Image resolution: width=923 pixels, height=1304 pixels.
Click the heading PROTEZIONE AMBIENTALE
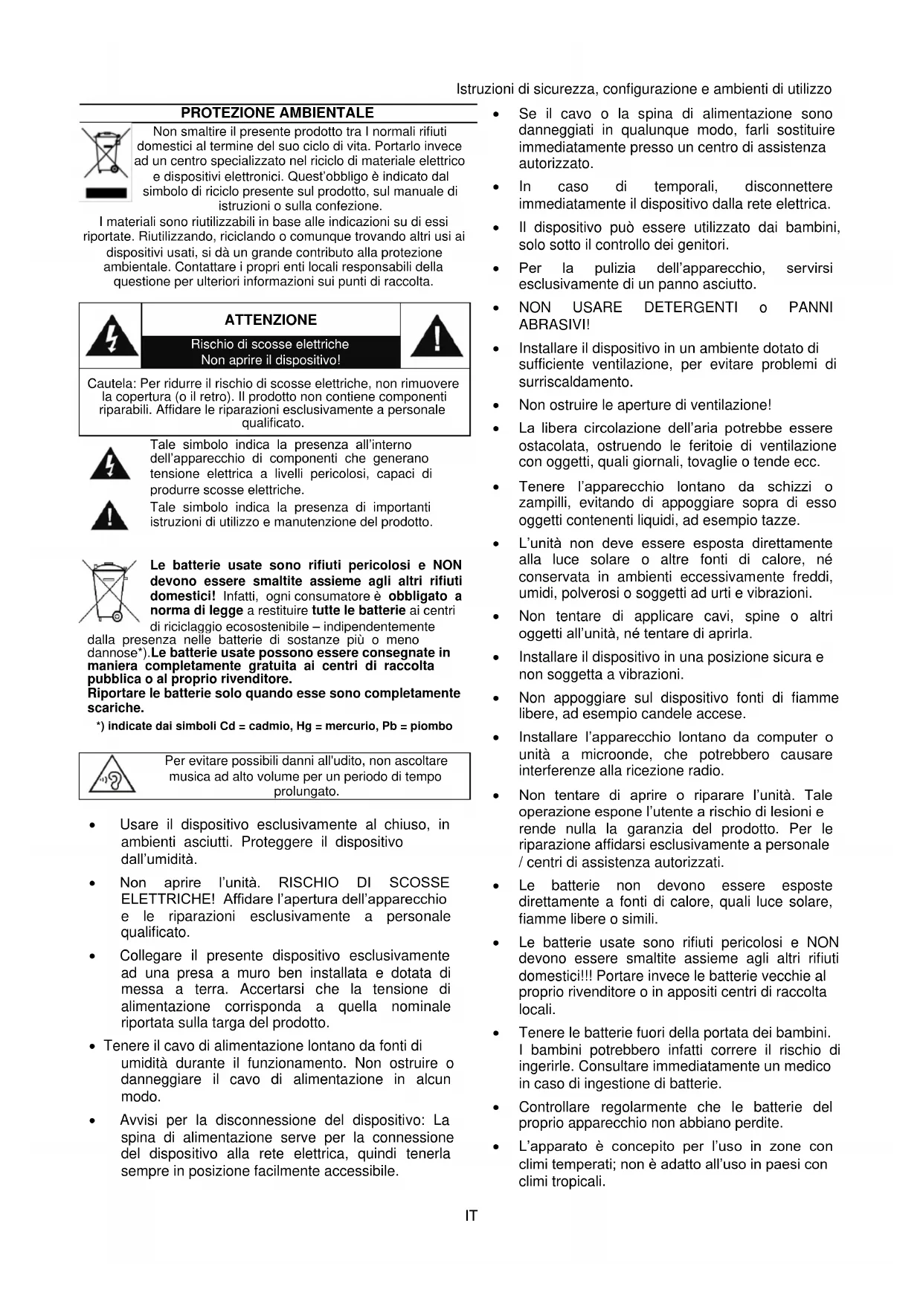point(277,113)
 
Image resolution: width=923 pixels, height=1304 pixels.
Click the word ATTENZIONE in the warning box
point(271,320)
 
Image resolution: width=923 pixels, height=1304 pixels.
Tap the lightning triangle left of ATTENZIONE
point(111,336)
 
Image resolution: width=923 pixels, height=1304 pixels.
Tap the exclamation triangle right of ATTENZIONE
point(437,336)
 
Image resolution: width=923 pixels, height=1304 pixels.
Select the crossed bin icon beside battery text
point(109,592)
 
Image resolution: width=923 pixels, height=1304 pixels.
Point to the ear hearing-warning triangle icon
point(112,777)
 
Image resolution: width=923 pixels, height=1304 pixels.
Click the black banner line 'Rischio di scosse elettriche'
point(270,344)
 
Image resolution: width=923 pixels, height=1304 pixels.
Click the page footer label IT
point(471,1216)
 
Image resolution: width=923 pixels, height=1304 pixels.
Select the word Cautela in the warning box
point(112,384)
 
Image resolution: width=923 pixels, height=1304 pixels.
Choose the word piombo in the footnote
point(431,726)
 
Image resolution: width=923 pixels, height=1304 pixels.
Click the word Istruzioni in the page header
point(485,90)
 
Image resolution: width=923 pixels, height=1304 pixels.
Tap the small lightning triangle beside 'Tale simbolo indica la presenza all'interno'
point(109,465)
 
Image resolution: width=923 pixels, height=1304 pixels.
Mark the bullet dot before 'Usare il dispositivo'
point(92,825)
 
